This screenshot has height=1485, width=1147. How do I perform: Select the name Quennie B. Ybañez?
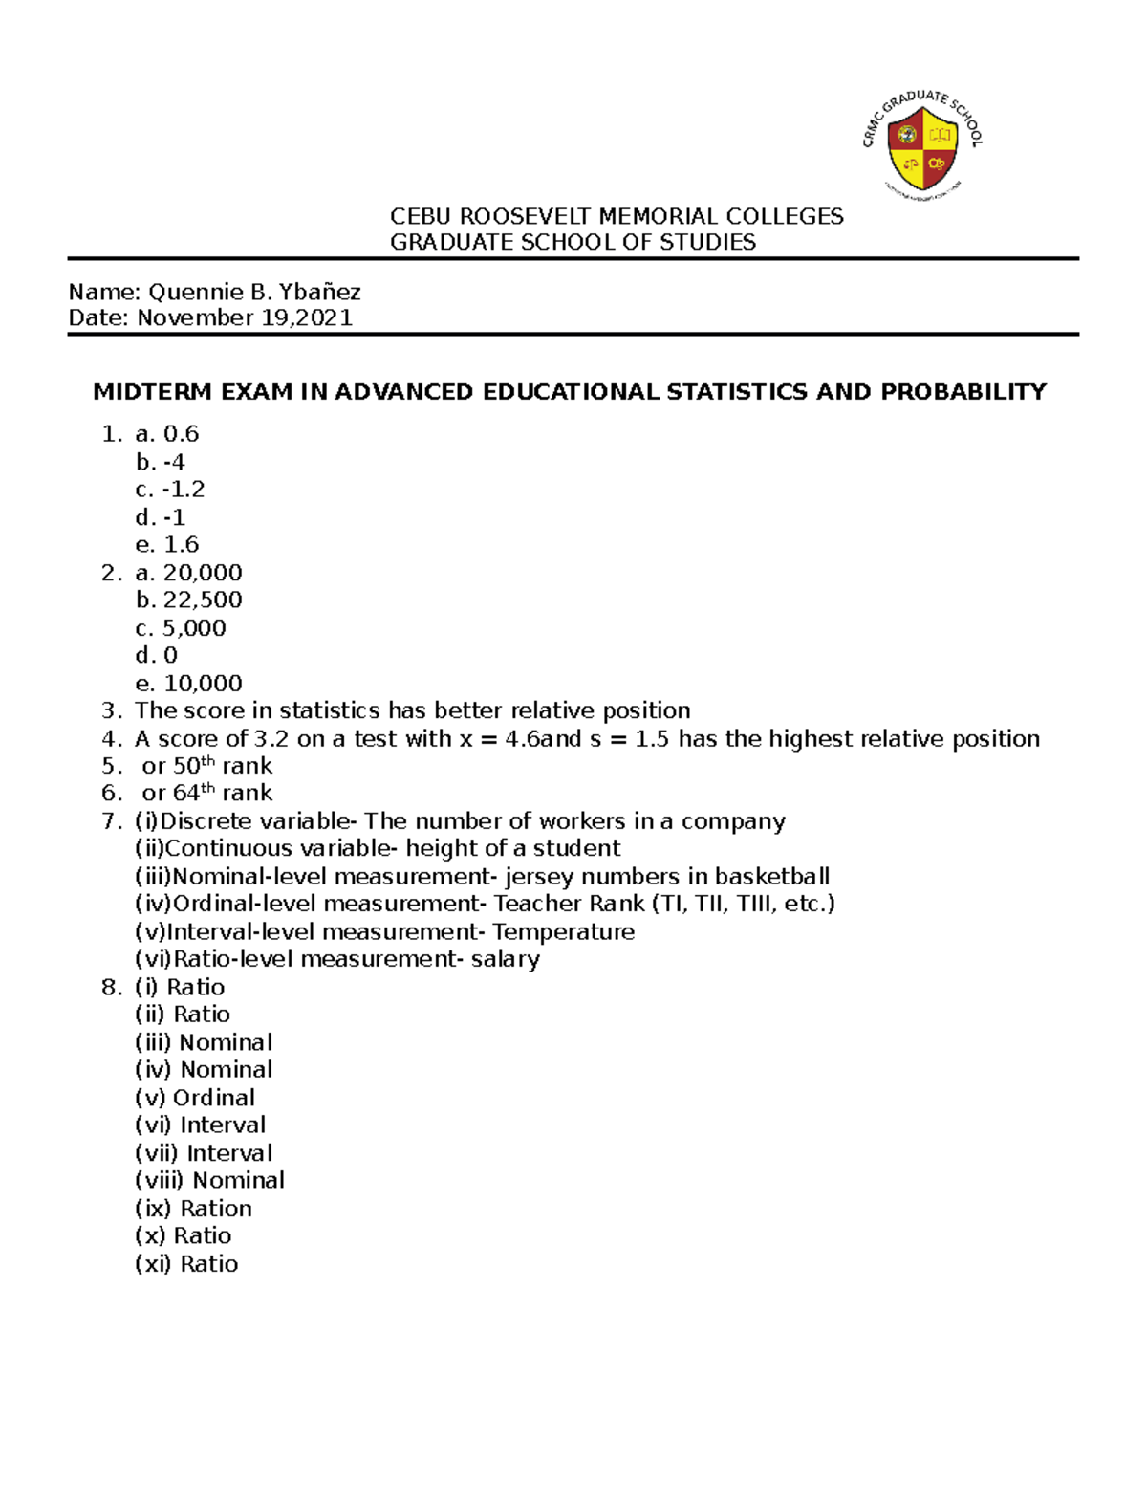pyautogui.click(x=254, y=292)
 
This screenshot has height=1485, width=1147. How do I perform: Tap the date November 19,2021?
pyautogui.click(x=245, y=317)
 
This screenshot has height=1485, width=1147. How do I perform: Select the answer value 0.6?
pyautogui.click(x=181, y=434)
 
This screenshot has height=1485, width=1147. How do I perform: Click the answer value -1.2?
pyautogui.click(x=184, y=490)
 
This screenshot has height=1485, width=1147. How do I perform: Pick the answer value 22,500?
pyautogui.click(x=203, y=601)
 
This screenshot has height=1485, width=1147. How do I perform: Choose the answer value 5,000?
pyautogui.click(x=194, y=628)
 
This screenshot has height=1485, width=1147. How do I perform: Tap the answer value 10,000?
pyautogui.click(x=203, y=684)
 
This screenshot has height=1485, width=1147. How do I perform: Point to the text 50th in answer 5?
pyautogui.click(x=194, y=766)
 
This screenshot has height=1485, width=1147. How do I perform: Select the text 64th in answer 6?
pyautogui.click(x=194, y=793)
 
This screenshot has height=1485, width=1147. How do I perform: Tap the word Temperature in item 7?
pyautogui.click(x=563, y=932)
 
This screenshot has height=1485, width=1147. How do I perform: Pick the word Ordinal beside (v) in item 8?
pyautogui.click(x=214, y=1098)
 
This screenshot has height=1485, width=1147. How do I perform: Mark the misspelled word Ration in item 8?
pyautogui.click(x=216, y=1209)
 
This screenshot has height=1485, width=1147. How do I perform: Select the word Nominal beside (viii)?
pyautogui.click(x=239, y=1181)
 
